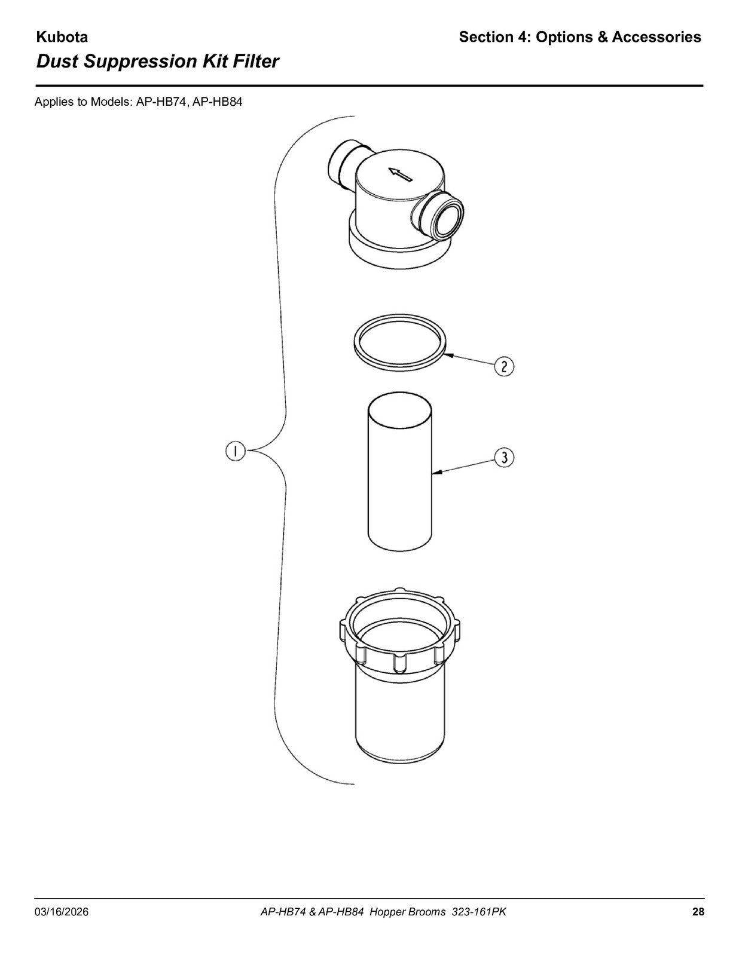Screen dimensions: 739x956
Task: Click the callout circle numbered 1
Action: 236,452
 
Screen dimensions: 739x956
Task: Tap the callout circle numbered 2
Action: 505,366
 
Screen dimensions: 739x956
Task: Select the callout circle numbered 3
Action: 505,458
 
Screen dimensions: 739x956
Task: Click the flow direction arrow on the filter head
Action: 399,174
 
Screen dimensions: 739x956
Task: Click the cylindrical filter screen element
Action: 399,471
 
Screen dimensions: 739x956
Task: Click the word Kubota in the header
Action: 62,37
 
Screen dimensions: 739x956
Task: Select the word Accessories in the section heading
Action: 656,37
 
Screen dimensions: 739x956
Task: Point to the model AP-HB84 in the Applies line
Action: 218,102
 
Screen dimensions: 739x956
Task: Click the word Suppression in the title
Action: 141,62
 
